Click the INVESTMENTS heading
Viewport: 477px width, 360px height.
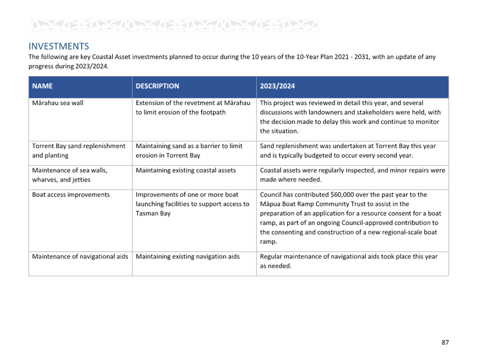(59, 46)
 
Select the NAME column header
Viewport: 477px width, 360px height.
(42, 86)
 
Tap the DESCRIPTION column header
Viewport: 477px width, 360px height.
(157, 86)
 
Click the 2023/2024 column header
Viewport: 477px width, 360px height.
(277, 86)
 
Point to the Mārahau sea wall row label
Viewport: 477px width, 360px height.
(58, 103)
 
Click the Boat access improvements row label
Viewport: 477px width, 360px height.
(71, 195)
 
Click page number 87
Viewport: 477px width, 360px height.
(445, 342)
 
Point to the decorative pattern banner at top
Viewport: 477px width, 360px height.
(175, 26)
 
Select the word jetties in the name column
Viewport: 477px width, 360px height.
(81, 180)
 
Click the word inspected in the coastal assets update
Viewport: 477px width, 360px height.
(346, 170)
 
